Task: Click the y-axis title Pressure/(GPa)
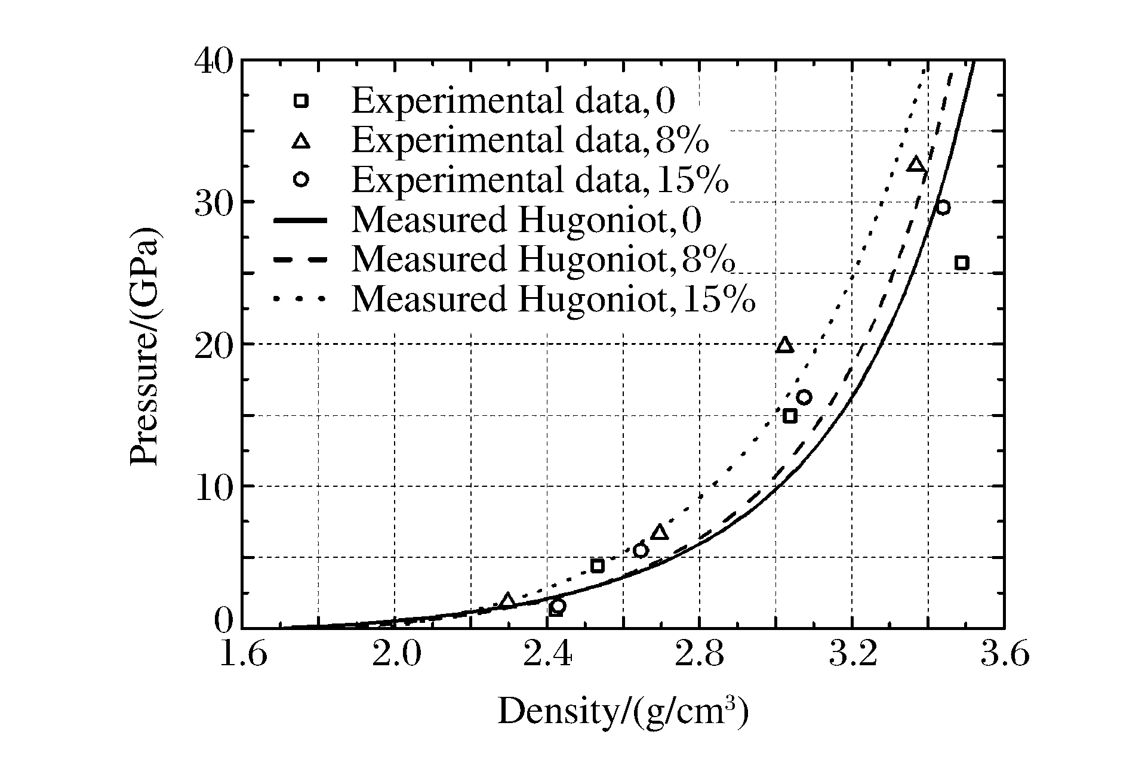(144, 344)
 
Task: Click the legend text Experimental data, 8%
(530, 141)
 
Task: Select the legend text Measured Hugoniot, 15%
(553, 299)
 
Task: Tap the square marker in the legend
(301, 101)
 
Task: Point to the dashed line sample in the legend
(300, 260)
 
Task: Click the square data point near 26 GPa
(961, 263)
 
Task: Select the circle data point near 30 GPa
(943, 208)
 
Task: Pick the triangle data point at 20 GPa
(784, 345)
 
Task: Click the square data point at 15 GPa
(790, 416)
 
